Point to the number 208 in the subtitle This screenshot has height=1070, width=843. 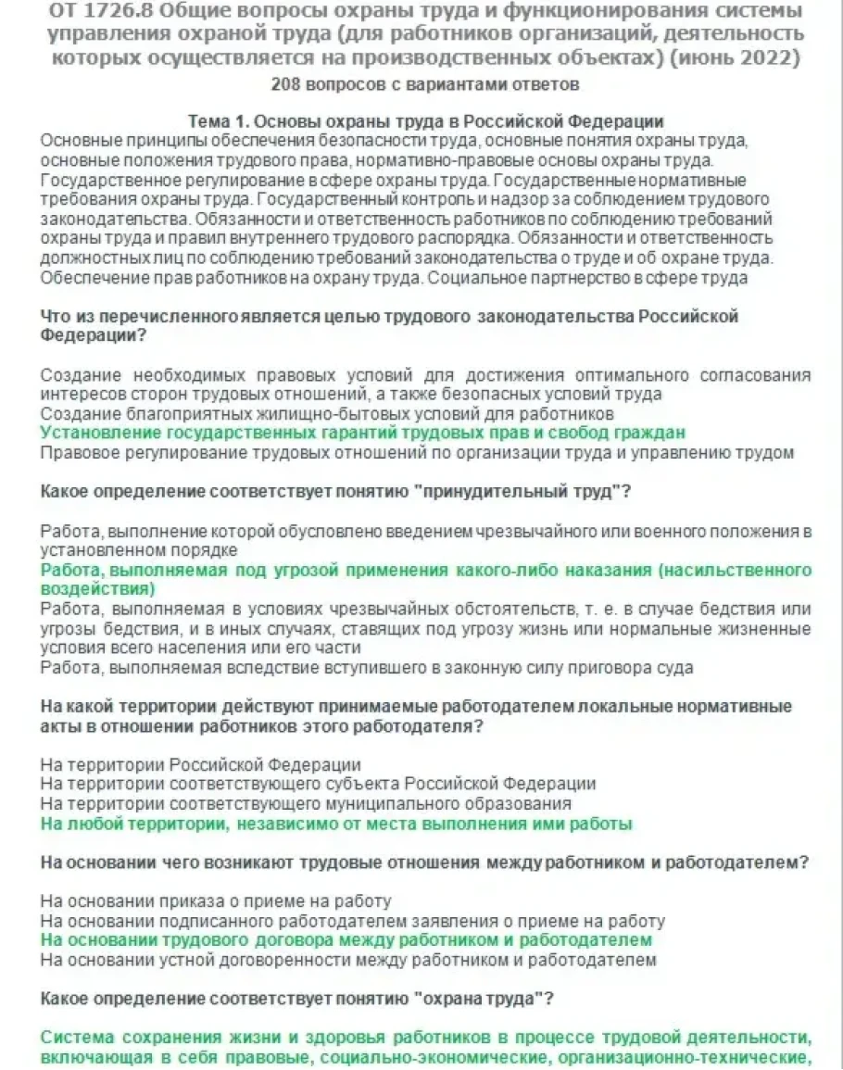(x=288, y=84)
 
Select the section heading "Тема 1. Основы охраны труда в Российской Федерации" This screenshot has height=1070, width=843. (x=425, y=122)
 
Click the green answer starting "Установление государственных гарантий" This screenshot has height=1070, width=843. (x=363, y=433)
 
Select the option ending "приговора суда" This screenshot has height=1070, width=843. (x=367, y=667)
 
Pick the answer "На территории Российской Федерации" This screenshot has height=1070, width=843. (x=201, y=765)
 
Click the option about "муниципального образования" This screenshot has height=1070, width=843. (x=306, y=803)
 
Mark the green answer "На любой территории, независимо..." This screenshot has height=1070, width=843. (x=336, y=824)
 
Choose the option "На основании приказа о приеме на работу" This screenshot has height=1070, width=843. (x=216, y=901)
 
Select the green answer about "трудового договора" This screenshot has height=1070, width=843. (x=346, y=940)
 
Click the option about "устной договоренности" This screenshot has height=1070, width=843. (x=348, y=960)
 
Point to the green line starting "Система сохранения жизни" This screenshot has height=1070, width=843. (x=425, y=1039)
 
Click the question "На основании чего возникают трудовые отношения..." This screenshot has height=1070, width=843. (x=425, y=862)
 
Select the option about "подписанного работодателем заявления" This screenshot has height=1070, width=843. (x=353, y=921)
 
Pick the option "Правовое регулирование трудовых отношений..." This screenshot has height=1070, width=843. (x=418, y=453)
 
